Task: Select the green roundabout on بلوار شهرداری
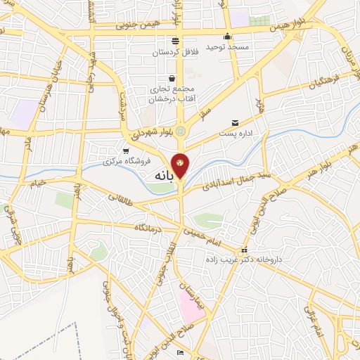181,130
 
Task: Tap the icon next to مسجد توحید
227,37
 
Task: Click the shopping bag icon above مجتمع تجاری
172,79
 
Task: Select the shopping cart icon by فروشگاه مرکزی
126,150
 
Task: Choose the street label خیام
36,182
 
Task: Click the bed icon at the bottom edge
181,352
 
